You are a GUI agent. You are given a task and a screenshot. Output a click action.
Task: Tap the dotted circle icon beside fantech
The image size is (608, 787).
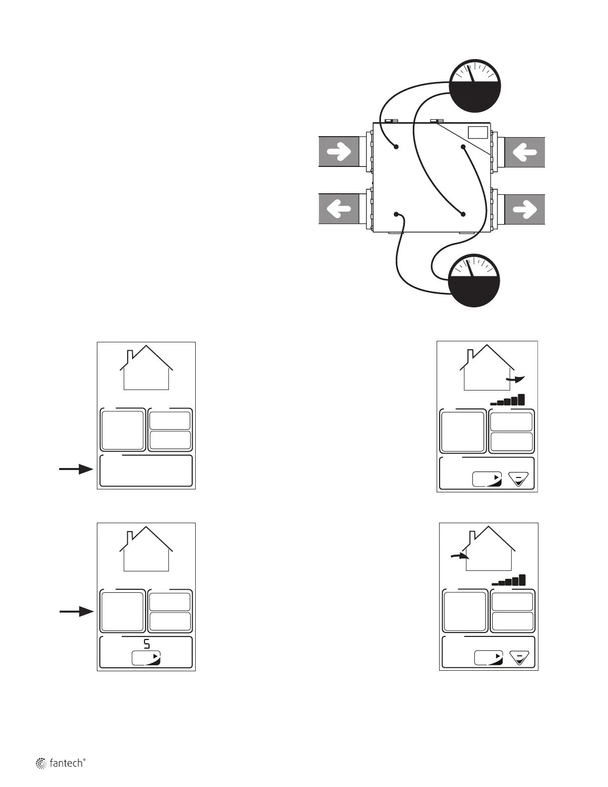coord(41,764)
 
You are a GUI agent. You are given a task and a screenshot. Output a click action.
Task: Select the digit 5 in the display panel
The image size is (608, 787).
coord(147,644)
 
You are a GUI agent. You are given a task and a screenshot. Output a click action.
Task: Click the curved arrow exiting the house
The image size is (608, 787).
coord(515,380)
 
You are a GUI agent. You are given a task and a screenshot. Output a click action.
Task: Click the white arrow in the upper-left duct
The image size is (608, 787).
coord(339,152)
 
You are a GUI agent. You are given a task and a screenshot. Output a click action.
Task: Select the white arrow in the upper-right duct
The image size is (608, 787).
coord(524,152)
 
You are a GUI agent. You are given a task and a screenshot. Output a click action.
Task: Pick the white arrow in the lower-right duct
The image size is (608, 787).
coord(524,209)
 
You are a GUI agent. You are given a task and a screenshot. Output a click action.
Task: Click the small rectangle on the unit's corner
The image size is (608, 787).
coord(478,132)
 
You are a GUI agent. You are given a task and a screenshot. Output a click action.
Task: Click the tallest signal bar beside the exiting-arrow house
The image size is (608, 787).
coord(521,399)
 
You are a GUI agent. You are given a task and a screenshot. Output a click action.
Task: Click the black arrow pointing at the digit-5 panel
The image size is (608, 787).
coord(76,612)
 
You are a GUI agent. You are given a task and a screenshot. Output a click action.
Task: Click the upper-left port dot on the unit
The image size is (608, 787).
coord(396,147)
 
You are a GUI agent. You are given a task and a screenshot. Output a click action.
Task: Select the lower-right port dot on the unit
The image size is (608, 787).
coord(463,214)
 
